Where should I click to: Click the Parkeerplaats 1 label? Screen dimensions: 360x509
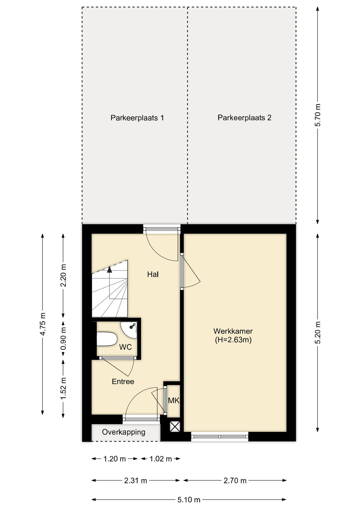click(x=137, y=118)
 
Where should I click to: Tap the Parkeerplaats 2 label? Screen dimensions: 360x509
click(x=244, y=118)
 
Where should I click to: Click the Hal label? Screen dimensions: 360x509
click(x=153, y=275)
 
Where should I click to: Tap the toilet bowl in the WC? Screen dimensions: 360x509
click(x=107, y=339)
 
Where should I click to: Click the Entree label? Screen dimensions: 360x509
click(x=123, y=382)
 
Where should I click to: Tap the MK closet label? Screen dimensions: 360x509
click(x=174, y=401)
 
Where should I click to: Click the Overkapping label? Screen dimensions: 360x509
click(x=124, y=432)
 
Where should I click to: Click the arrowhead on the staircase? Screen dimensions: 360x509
click(x=110, y=270)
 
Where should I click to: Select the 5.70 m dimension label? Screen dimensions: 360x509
click(x=318, y=115)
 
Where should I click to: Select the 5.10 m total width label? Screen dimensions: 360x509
click(x=189, y=500)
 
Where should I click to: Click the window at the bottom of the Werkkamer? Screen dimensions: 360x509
click(x=220, y=437)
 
